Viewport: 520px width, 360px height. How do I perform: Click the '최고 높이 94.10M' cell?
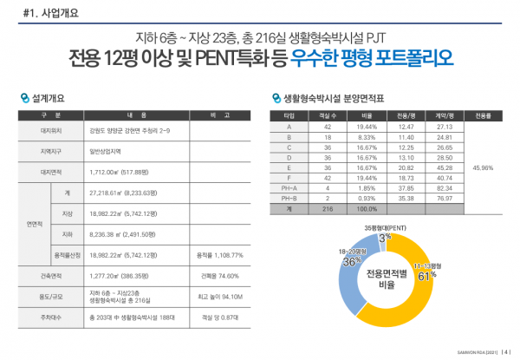point(217,297)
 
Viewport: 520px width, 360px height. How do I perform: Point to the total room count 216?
point(327,208)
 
